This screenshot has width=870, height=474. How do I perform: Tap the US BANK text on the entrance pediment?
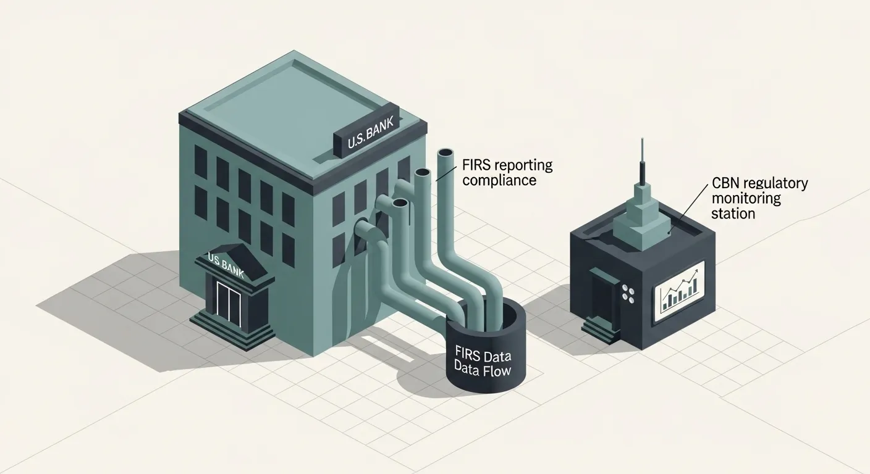(226, 265)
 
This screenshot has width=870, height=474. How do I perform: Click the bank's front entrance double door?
(229, 305)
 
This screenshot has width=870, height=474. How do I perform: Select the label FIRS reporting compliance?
(507, 173)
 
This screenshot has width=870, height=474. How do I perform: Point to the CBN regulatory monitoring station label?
(759, 198)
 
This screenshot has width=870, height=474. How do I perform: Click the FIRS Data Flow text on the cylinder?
(483, 364)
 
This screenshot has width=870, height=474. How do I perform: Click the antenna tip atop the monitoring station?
(643, 139)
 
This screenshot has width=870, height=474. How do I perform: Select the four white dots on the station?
(628, 293)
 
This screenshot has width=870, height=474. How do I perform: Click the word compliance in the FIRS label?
(499, 181)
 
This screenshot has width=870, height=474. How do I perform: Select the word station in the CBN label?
(733, 214)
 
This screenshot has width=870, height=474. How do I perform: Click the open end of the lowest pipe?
(363, 226)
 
